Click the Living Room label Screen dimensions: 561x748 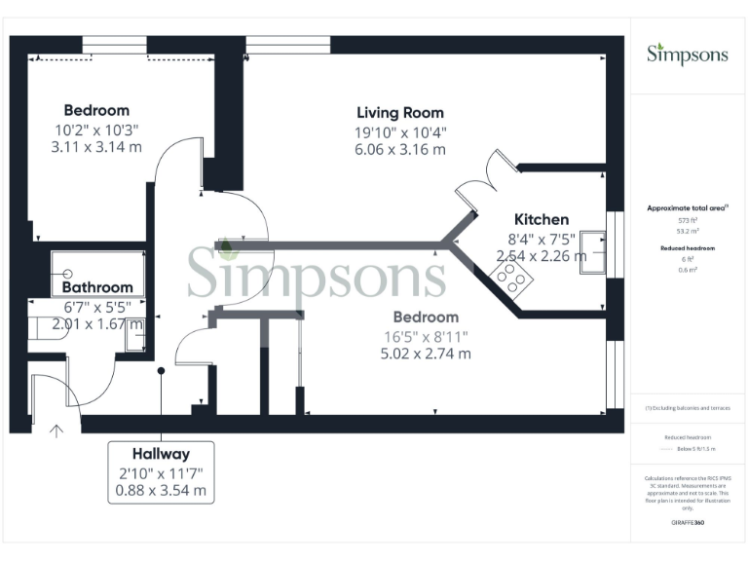(x=399, y=113)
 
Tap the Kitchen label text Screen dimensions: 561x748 (x=541, y=219)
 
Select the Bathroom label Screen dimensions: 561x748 (x=97, y=287)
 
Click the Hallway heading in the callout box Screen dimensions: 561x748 (x=161, y=454)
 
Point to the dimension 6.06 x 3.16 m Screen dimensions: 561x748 (x=399, y=150)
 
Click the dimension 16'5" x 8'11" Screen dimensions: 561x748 (x=426, y=336)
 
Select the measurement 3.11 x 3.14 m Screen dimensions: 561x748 (x=96, y=147)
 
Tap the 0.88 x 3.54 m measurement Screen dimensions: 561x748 (x=161, y=490)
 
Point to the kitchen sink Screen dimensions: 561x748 (x=593, y=253)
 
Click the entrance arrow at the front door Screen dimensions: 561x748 (x=56, y=430)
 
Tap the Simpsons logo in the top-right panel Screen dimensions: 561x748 (x=688, y=54)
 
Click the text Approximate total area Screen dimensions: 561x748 (x=687, y=208)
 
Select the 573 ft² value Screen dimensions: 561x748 (x=689, y=221)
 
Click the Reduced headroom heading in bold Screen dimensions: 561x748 (x=689, y=249)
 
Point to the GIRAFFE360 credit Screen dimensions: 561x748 (x=688, y=523)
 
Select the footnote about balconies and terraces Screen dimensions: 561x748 (x=689, y=408)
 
